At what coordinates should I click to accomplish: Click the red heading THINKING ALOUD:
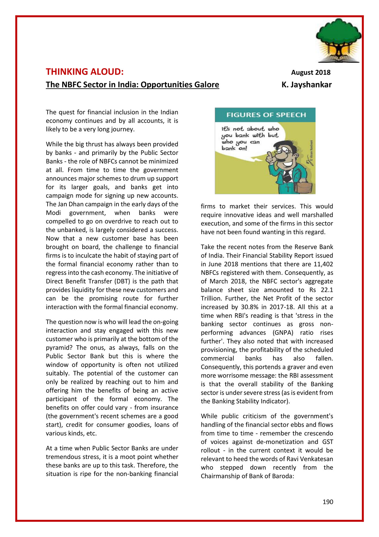[85, 72]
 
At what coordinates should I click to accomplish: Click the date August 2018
[310, 73]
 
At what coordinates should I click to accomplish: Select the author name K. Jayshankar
[306, 84]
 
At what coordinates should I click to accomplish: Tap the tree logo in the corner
[338, 40]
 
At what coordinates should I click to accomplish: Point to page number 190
[328, 502]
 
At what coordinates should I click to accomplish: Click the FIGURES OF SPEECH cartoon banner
[266, 115]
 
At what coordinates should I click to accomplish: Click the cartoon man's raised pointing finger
[269, 156]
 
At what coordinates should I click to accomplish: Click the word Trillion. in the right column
[211, 299]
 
